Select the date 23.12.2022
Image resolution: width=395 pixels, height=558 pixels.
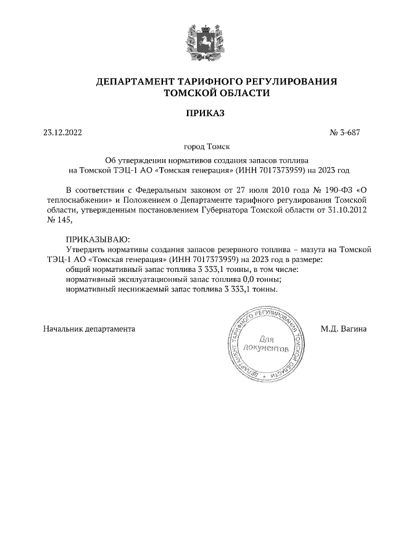62,131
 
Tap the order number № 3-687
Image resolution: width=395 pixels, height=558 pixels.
349,131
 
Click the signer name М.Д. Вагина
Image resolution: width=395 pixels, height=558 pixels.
344,329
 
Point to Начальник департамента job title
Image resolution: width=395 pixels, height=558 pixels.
89,329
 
